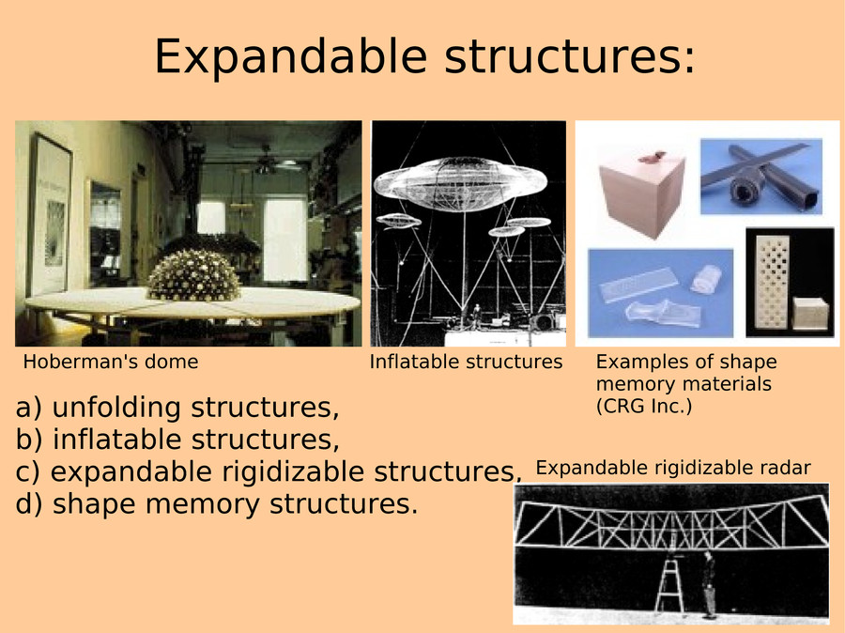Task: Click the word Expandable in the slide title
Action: (291, 57)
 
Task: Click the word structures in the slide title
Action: (563, 56)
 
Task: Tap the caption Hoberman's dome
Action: (111, 362)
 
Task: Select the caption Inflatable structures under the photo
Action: (466, 362)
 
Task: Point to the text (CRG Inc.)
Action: (644, 406)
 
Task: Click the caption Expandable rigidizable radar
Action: (673, 468)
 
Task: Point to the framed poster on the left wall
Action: (51, 214)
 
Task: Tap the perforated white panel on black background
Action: (773, 282)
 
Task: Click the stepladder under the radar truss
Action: (668, 586)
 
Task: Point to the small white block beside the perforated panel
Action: (810, 314)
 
